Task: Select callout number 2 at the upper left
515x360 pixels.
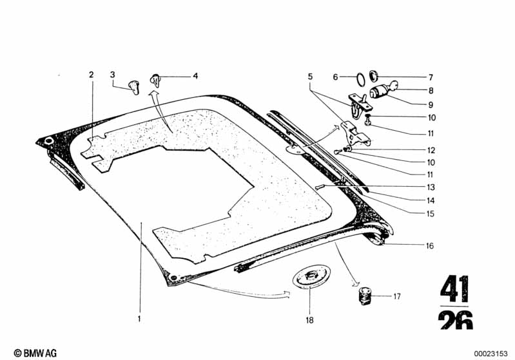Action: [91, 75]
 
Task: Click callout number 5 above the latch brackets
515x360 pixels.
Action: [310, 77]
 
